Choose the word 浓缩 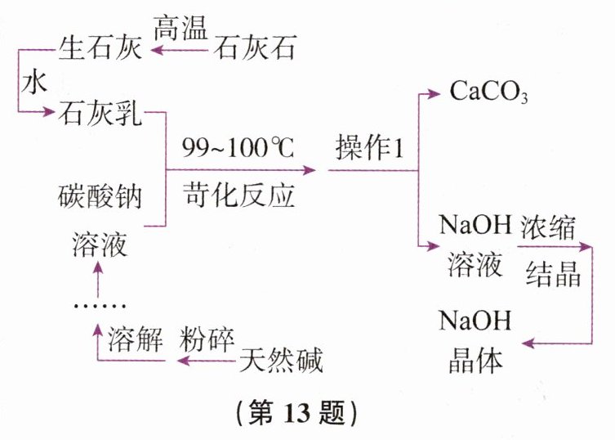click(554, 224)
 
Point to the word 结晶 click(554, 272)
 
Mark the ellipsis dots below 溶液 click(98, 304)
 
